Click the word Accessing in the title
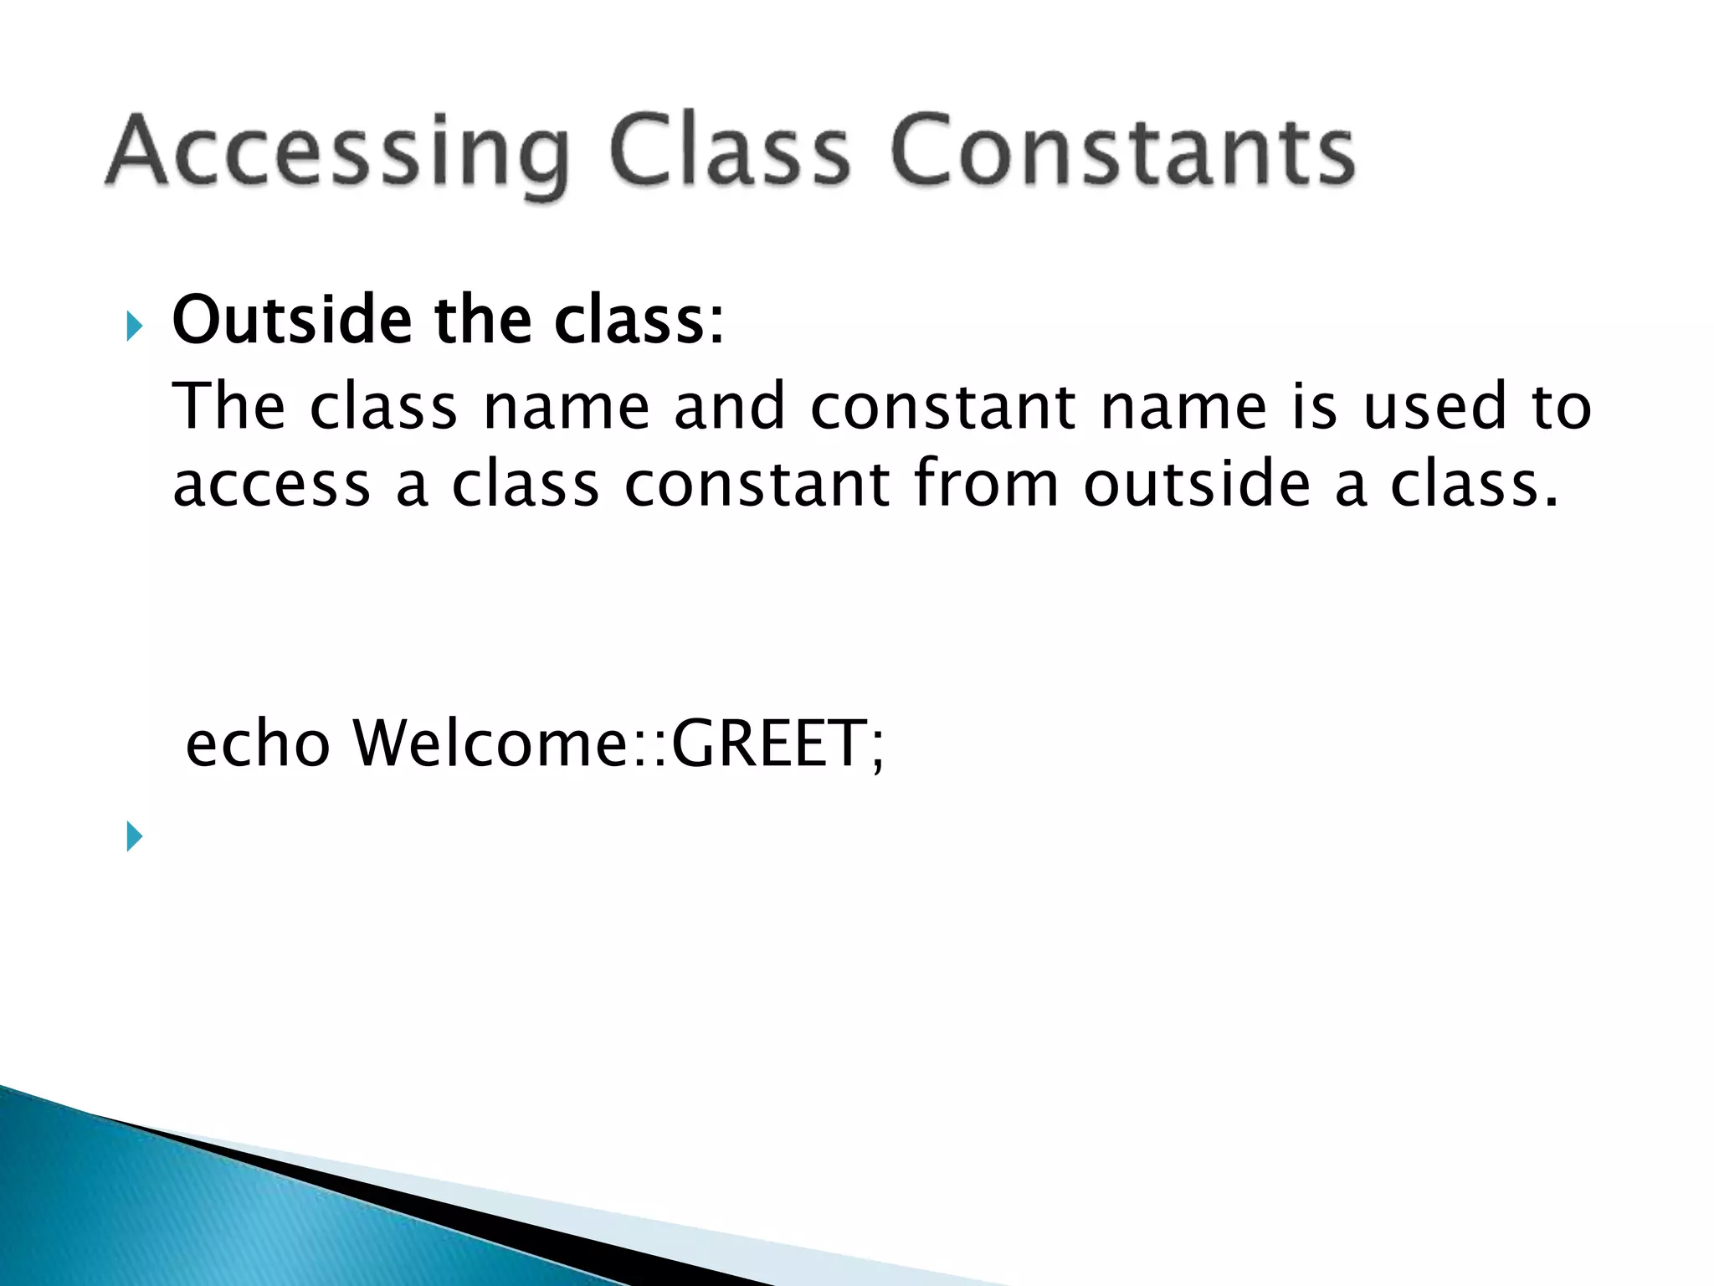pos(339,152)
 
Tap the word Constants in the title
pos(1122,152)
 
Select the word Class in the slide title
pos(729,152)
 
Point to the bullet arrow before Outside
pos(134,326)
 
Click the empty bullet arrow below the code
pos(134,836)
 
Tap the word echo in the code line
pos(258,743)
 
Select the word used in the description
pos(1434,407)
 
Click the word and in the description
pos(730,407)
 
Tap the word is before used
pos(1315,407)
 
